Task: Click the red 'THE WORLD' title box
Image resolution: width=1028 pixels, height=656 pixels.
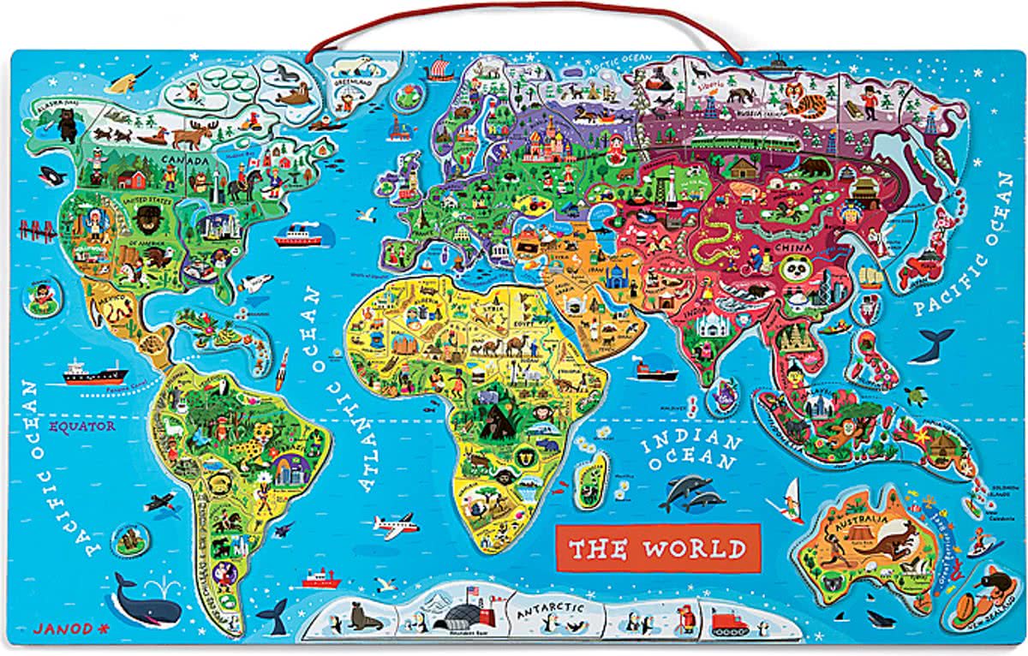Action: (658, 548)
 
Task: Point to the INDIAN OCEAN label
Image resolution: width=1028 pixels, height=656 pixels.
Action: (690, 452)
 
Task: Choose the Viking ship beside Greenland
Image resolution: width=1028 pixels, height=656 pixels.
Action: (438, 66)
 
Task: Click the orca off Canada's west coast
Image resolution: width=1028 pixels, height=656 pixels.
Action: (53, 178)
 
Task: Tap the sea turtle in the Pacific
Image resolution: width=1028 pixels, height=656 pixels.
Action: (918, 396)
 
